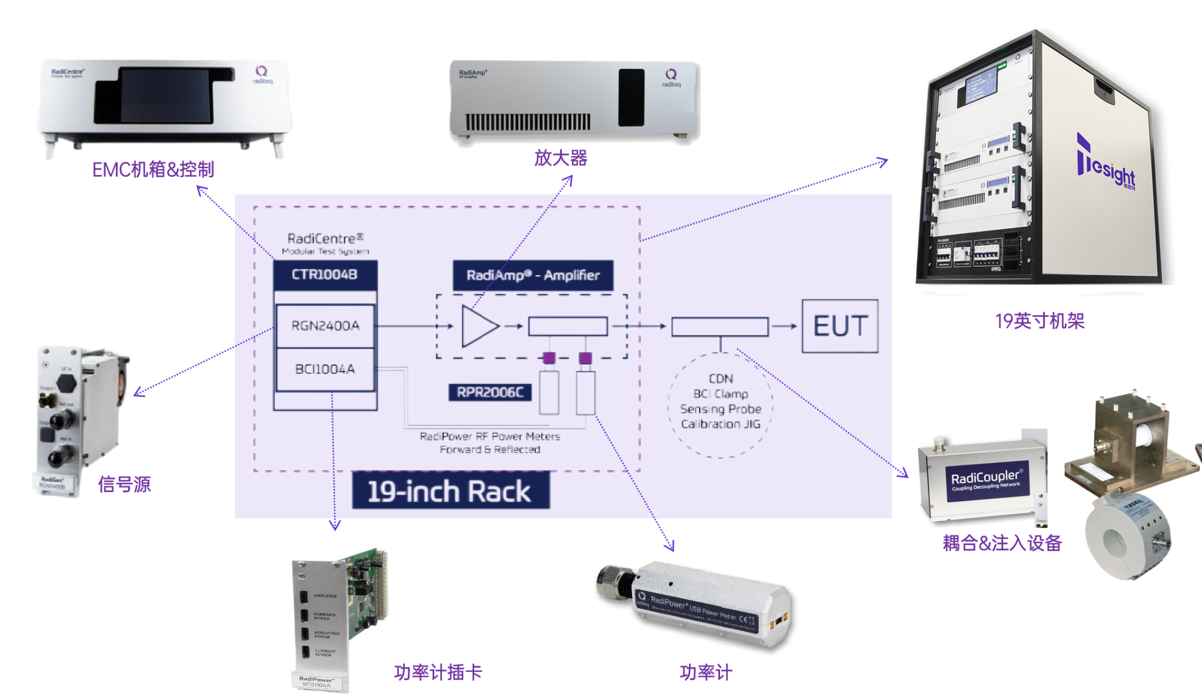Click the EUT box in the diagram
point(840,326)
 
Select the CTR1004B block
point(325,275)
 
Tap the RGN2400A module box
point(325,326)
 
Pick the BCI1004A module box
point(325,369)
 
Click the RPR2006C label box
point(490,392)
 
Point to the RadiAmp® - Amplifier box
point(533,275)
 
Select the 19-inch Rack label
point(450,491)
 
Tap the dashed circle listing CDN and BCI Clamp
point(721,405)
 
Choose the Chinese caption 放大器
point(561,158)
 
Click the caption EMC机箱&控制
point(153,170)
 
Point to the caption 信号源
point(124,484)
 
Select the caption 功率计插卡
point(438,672)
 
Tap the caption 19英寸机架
point(1039,321)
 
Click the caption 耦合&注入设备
point(1002,543)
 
